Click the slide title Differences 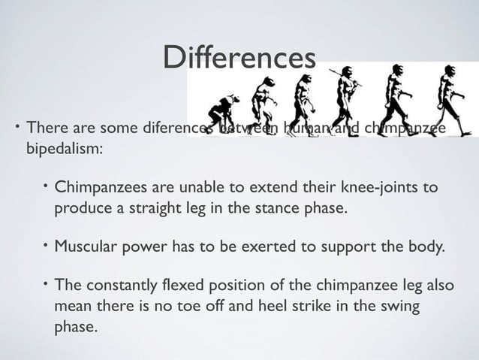tap(239, 58)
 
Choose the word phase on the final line tap(75, 328)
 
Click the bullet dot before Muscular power tap(44, 244)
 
